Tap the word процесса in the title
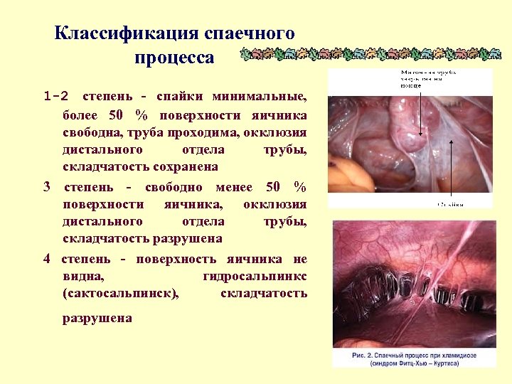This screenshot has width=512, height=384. (x=174, y=58)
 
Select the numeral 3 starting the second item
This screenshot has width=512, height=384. (x=47, y=187)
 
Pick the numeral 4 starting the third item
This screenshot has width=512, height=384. (x=47, y=259)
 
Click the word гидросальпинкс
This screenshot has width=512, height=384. (x=255, y=276)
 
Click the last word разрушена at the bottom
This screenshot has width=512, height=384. (x=97, y=318)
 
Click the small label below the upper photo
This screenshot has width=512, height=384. (x=450, y=204)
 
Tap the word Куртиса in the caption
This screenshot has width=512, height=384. (x=440, y=363)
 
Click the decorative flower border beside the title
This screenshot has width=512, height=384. (x=370, y=54)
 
